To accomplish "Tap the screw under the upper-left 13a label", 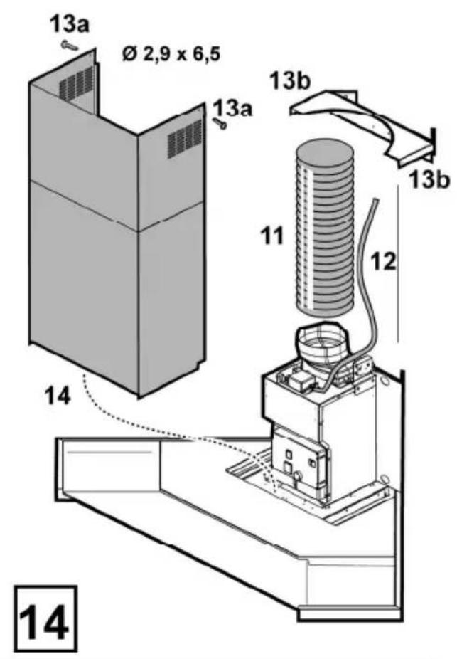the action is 69,45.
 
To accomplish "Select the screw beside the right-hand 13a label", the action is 220,123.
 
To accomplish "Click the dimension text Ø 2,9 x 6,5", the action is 171,54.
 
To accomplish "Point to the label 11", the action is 272,236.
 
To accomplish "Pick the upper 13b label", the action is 289,80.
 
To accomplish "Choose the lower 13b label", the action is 429,179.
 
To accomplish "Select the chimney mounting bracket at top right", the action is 363,126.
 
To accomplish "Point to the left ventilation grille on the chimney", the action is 76,82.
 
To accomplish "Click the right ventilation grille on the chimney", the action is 185,138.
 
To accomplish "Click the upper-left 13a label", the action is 70,25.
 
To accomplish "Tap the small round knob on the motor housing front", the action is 299,477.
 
